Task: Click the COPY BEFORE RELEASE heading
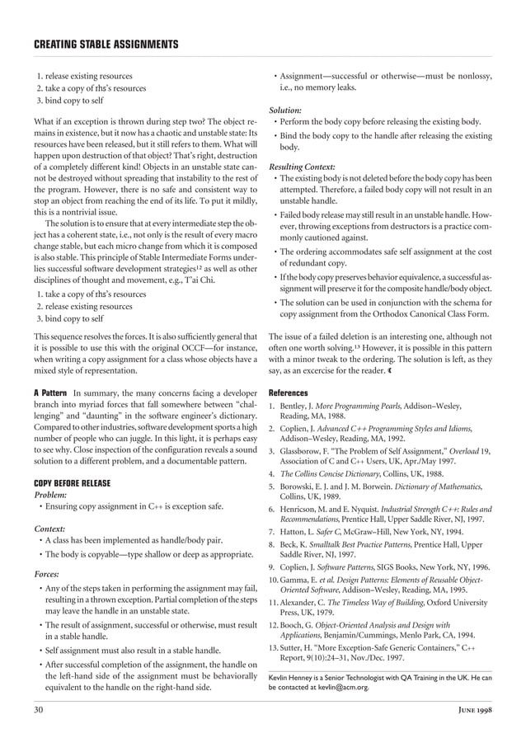point(73,482)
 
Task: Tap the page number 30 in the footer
point(38,709)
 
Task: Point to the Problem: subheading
point(49,495)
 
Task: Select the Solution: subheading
point(285,109)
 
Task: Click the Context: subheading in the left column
point(49,529)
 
